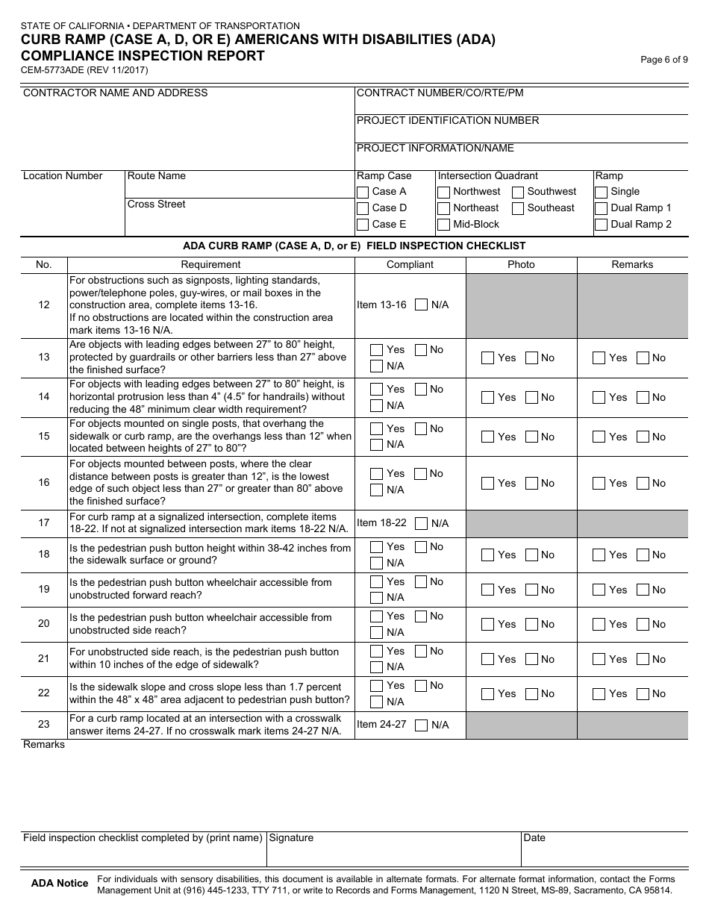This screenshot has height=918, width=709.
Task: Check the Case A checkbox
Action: click(x=363, y=192)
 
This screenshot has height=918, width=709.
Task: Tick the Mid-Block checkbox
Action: click(x=444, y=225)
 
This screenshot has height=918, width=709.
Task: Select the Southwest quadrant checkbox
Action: click(x=518, y=192)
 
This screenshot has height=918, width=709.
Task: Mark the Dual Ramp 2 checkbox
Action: click(x=602, y=225)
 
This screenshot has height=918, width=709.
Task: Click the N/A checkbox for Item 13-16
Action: click(x=422, y=305)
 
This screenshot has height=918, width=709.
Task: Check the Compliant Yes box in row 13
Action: click(x=377, y=350)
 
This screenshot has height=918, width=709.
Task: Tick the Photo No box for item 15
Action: click(x=532, y=437)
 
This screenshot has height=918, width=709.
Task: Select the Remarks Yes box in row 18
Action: click(x=599, y=555)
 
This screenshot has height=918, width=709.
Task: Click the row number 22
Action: click(x=44, y=693)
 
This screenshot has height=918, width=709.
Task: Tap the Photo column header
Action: click(x=521, y=264)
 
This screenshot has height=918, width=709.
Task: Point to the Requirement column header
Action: click(x=210, y=264)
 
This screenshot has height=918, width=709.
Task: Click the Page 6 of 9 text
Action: click(x=664, y=60)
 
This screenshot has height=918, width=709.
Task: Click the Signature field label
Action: click(x=291, y=838)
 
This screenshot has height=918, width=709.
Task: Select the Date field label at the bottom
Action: click(x=534, y=838)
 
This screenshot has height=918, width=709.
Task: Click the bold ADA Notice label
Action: click(x=60, y=884)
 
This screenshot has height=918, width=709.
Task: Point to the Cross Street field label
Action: click(x=157, y=204)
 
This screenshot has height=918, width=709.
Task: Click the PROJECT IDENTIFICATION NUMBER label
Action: click(x=448, y=121)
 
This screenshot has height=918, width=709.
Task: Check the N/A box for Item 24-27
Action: click(x=422, y=725)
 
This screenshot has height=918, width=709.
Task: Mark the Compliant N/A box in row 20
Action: click(x=377, y=632)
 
